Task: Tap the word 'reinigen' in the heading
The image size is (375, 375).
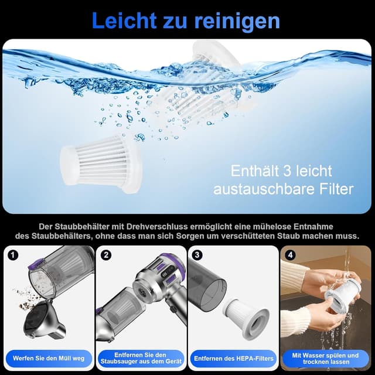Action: [239, 21]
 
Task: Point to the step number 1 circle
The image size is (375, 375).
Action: [13, 255]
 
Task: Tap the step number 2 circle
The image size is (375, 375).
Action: [106, 255]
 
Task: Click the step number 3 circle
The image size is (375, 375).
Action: [197, 255]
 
